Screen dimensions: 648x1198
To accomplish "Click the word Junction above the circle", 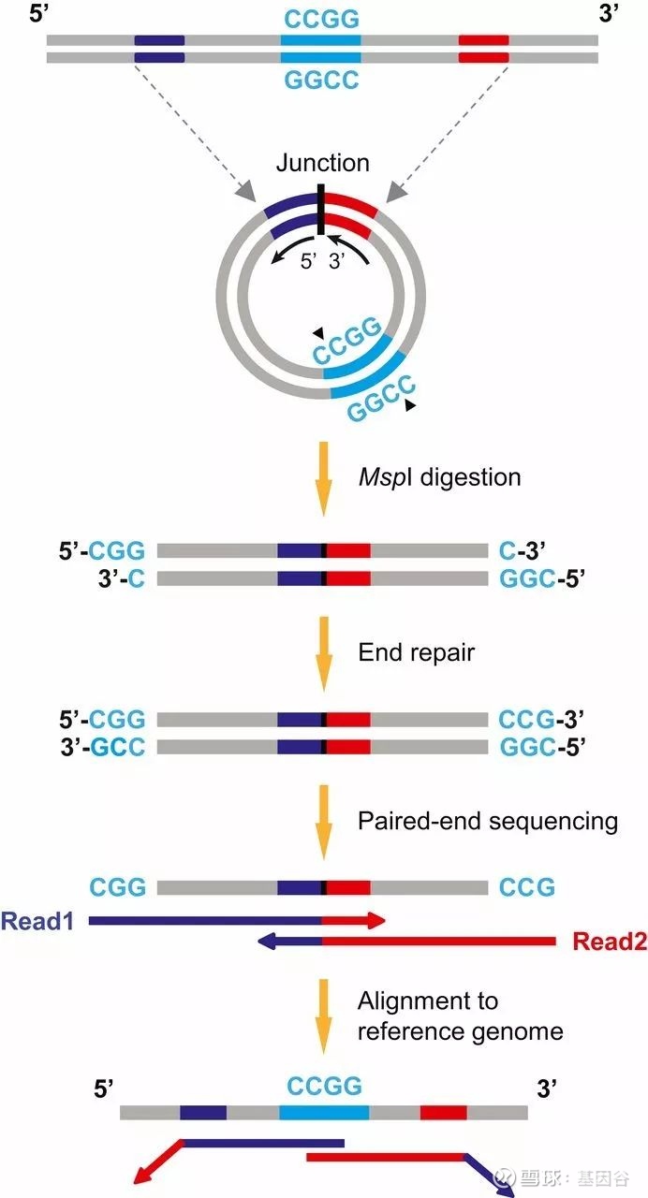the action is pyautogui.click(x=323, y=163).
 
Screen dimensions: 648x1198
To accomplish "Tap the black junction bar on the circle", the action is pyautogui.click(x=320, y=210).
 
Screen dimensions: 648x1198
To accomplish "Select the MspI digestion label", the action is pyautogui.click(x=439, y=477).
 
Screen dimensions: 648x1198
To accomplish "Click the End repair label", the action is pyautogui.click(x=417, y=652).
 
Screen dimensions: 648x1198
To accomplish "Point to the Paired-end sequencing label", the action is pyautogui.click(x=488, y=821).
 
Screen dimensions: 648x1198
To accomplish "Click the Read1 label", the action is pyautogui.click(x=37, y=922).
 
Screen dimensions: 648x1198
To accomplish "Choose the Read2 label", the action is pyautogui.click(x=610, y=941).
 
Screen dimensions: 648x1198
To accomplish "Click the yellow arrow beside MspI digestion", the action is pyautogui.click(x=323, y=478).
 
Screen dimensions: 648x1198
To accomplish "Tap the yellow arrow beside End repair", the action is pyautogui.click(x=323, y=653).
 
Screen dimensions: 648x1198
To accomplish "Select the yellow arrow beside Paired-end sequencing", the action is pyautogui.click(x=323, y=822).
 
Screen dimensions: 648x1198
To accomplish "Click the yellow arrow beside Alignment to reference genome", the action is pyautogui.click(x=323, y=1016).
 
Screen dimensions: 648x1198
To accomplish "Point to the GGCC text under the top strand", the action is pyautogui.click(x=321, y=80).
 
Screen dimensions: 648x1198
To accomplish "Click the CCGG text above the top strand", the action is pyautogui.click(x=321, y=20).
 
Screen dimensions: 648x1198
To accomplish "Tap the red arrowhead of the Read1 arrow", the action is pyautogui.click(x=376, y=920).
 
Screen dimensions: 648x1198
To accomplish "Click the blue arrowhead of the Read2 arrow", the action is pyautogui.click(x=267, y=941).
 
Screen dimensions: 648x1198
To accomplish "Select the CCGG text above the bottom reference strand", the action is pyautogui.click(x=324, y=1086).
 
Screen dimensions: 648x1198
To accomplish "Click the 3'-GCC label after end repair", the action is pyautogui.click(x=102, y=747).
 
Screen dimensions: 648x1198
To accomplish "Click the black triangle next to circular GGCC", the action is pyautogui.click(x=410, y=405).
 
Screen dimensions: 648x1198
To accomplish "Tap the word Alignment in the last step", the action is pyautogui.click(x=428, y=1001).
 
